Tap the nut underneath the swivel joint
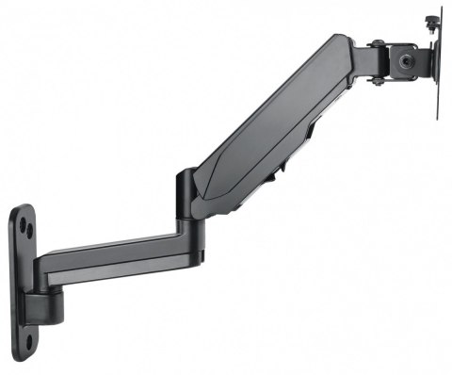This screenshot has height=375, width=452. click(378, 81)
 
